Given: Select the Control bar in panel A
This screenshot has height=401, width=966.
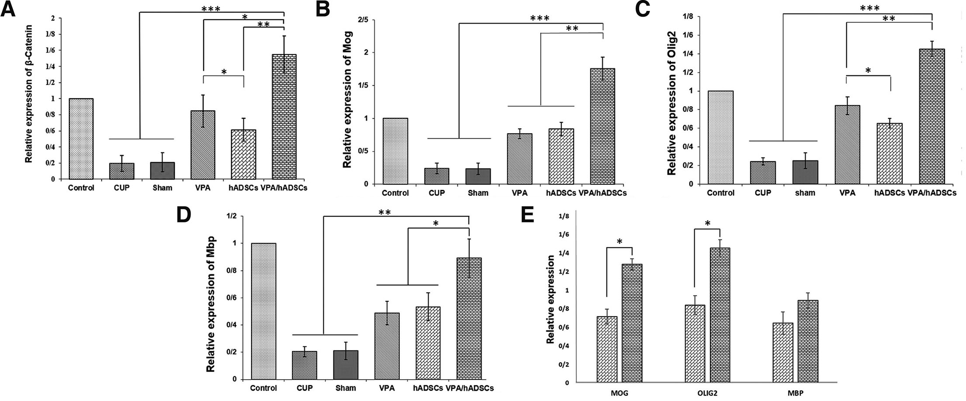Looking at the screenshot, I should coord(81,139).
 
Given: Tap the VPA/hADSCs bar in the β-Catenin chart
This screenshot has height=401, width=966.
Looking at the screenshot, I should coord(284,117).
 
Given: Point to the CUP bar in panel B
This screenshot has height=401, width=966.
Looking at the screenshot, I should coord(436,176).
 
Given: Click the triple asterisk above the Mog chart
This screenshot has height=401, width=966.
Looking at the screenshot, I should coord(540,18).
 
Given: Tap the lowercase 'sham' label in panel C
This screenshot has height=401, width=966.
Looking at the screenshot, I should coord(805,193).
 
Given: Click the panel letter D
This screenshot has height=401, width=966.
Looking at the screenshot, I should coord(184,216).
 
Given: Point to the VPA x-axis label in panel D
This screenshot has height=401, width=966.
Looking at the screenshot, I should coord(387,388).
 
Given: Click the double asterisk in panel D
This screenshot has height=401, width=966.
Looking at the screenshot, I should coord(384,213).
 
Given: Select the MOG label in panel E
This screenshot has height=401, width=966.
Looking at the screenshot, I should coord(620,393).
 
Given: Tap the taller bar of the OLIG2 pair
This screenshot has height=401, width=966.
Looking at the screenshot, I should coord(720,315).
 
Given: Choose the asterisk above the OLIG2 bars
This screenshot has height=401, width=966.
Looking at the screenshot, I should coord(708,224).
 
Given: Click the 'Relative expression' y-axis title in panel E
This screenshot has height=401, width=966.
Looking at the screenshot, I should coord(551,299).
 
